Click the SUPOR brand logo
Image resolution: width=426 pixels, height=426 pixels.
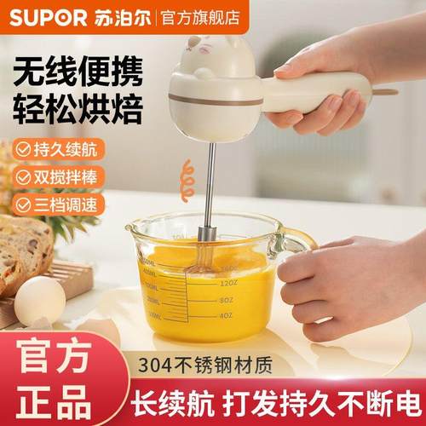(43, 16)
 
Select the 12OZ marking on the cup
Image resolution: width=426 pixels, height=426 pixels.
(228, 282)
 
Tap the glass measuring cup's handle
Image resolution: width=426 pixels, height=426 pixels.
(294, 243)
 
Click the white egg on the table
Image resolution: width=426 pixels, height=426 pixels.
(39, 301)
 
